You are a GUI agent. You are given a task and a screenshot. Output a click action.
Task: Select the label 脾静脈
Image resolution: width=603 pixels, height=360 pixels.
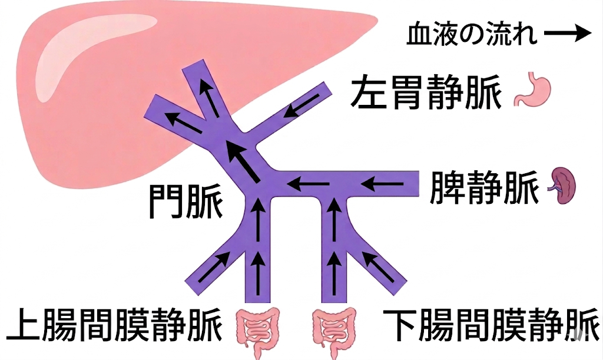pyautogui.click(x=484, y=187)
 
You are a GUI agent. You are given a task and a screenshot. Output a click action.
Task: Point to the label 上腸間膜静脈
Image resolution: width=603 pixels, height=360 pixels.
pyautogui.click(x=115, y=323)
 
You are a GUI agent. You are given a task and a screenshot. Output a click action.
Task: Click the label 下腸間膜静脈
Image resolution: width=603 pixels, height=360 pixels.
pyautogui.click(x=491, y=323)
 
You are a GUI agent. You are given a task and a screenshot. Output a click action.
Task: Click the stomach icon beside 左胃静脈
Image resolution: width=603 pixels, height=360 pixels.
pyautogui.click(x=532, y=89)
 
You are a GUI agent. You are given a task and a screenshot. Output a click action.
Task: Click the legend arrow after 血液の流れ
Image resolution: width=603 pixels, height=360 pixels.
pyautogui.click(x=568, y=34)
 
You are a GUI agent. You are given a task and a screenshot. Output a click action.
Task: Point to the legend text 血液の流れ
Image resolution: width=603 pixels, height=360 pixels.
pyautogui.click(x=472, y=34)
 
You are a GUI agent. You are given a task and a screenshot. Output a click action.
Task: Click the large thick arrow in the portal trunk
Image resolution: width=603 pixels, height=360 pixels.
pyautogui.click(x=242, y=161)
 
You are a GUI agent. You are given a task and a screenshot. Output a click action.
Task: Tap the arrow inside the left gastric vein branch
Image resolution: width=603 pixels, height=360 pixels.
pyautogui.click(x=302, y=105)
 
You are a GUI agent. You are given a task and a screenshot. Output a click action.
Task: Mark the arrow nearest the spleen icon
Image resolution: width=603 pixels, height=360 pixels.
pyautogui.click(x=382, y=184)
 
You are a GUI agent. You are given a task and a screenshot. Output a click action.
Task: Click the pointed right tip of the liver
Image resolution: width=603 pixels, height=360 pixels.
pyautogui.click(x=378, y=18)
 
